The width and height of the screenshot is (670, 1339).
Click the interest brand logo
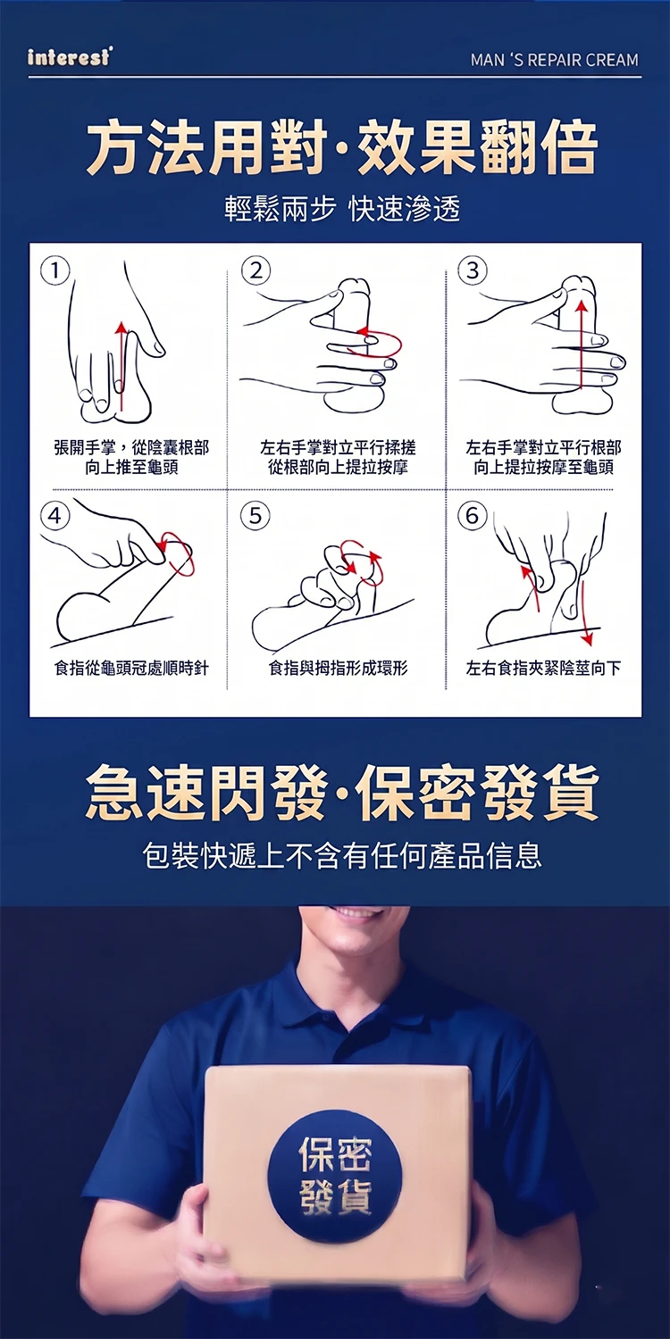[69, 57]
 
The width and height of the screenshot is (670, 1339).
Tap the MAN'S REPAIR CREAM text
[555, 60]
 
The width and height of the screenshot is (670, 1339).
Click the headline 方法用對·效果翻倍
[341, 147]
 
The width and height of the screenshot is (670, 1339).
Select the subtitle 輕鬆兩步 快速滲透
[341, 209]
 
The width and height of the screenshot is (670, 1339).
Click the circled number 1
[55, 271]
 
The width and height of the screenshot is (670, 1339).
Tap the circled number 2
[256, 271]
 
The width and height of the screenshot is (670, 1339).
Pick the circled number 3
[473, 270]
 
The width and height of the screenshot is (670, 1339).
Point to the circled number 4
[55, 515]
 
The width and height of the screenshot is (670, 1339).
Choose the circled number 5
[255, 515]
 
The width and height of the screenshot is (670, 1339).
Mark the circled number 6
[473, 515]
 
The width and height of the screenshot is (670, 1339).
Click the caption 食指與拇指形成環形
[338, 668]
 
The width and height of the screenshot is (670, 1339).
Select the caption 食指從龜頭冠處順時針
[131, 668]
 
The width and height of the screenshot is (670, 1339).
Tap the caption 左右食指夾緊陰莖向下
[543, 668]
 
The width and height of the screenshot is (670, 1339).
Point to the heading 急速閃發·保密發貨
[341, 793]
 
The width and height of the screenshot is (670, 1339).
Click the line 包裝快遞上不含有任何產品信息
[341, 855]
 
